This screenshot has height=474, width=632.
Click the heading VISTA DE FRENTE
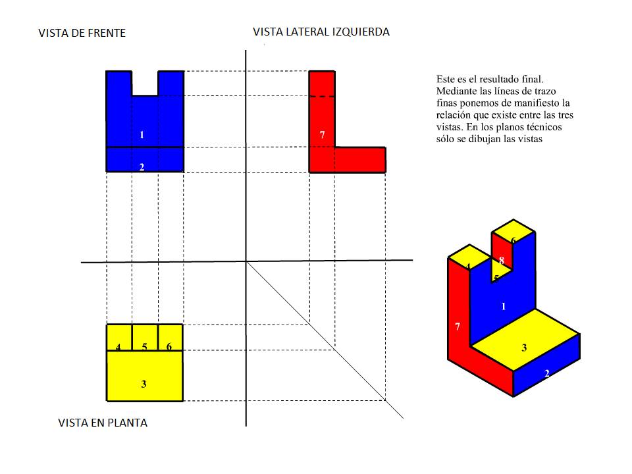pyautogui.click(x=82, y=32)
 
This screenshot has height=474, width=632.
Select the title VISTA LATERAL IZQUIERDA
pyautogui.click(x=321, y=32)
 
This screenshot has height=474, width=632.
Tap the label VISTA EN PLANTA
pyautogui.click(x=103, y=423)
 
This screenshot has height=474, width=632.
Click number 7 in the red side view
pyautogui.click(x=322, y=135)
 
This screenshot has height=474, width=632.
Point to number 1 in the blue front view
pyautogui.click(x=142, y=135)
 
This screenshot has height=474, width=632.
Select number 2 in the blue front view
pyautogui.click(x=142, y=167)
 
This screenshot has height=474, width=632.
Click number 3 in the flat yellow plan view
pyautogui.click(x=144, y=384)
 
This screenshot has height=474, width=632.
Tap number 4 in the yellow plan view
pyautogui.click(x=118, y=347)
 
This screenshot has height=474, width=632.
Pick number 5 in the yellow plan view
pyautogui.click(x=144, y=347)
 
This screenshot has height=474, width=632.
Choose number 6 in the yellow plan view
pyautogui.click(x=169, y=347)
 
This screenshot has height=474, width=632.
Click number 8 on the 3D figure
pyautogui.click(x=502, y=261)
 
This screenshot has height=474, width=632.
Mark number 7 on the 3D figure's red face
pyautogui.click(x=458, y=326)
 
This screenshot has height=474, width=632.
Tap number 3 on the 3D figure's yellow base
pyautogui.click(x=524, y=348)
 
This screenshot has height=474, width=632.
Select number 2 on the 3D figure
pyautogui.click(x=546, y=373)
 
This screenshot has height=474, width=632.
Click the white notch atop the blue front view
pyautogui.click(x=145, y=83)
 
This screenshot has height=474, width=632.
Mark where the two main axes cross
pyautogui.click(x=246, y=261)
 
